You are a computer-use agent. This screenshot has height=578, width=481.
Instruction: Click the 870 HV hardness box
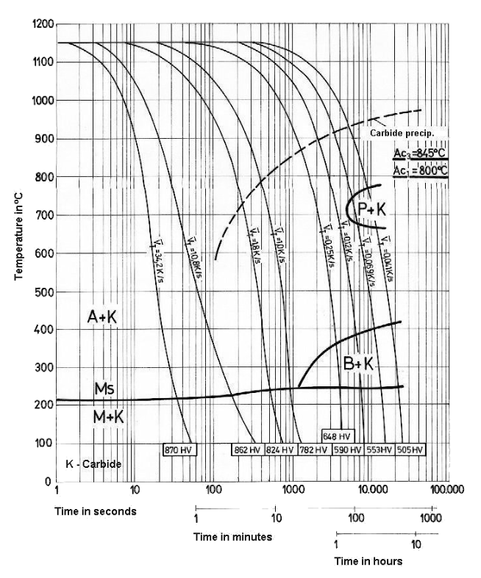pos(179,449)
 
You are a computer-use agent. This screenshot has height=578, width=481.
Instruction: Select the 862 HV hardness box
pos(248,449)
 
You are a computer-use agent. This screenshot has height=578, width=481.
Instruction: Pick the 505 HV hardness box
pos(408,449)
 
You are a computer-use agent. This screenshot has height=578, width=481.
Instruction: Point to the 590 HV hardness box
pos(346,449)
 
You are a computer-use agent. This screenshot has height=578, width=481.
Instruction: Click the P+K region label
pos(372,211)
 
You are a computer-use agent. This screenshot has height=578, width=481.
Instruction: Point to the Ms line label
pos(104,387)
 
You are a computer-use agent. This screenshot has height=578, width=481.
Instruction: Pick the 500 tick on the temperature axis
pos(43,292)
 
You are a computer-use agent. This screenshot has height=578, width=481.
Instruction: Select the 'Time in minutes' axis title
pos(232,537)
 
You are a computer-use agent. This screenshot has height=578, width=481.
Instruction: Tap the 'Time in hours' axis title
pos(368,561)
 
